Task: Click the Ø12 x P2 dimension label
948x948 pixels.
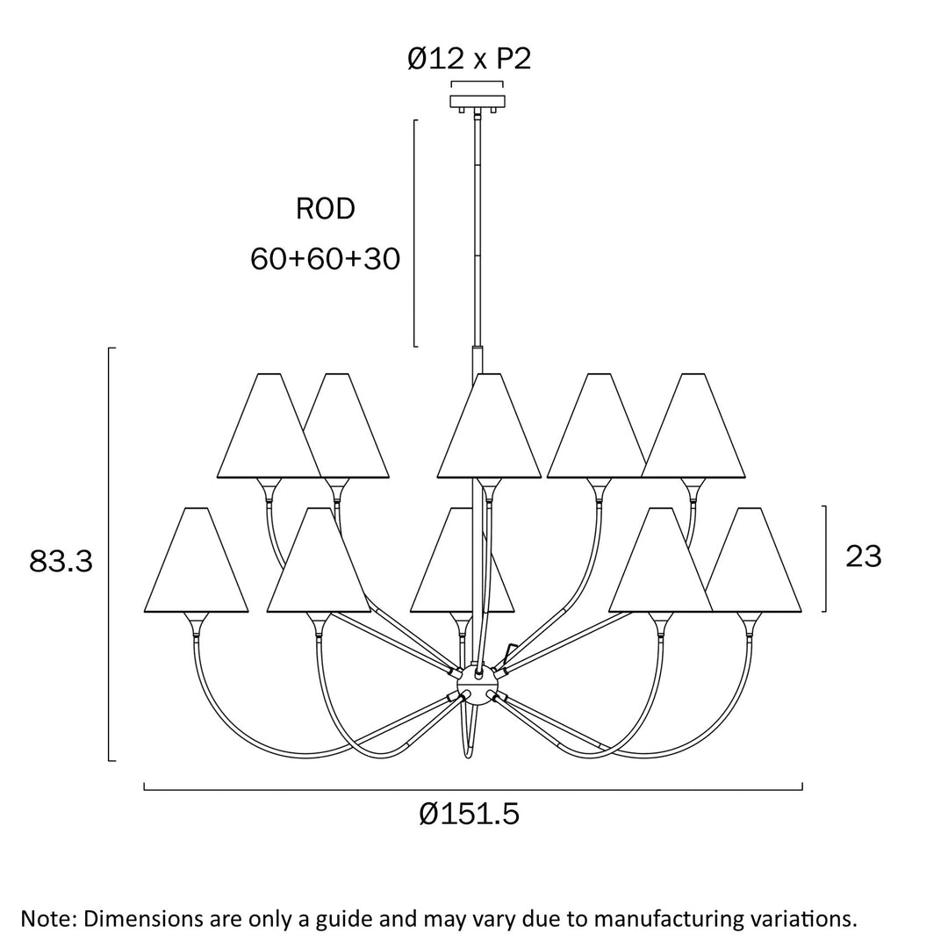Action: click(x=469, y=59)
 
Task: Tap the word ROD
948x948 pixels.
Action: click(x=325, y=209)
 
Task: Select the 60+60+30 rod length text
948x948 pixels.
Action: click(x=325, y=259)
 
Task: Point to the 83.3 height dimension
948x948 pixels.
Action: click(x=61, y=562)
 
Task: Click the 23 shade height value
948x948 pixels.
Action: click(x=863, y=556)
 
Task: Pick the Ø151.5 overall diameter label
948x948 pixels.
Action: click(x=469, y=815)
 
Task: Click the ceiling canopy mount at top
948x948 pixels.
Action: click(x=477, y=102)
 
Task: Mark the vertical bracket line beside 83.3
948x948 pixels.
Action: click(x=109, y=553)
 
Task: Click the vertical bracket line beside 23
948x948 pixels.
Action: click(x=826, y=558)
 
